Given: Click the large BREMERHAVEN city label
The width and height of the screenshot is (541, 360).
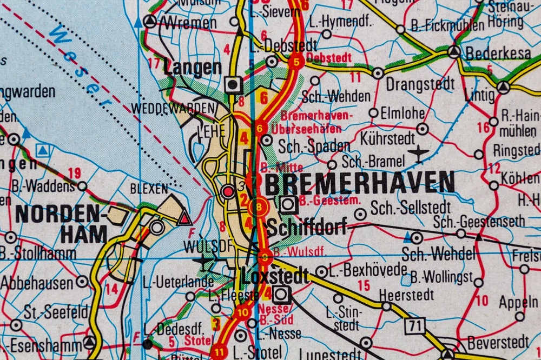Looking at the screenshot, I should tap(360, 183).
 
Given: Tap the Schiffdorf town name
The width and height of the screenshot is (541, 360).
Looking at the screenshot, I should tap(307, 228).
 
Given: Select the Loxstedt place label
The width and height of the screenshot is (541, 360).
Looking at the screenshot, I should tap(275, 276).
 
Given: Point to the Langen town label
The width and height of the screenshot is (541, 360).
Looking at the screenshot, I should tap(193, 68).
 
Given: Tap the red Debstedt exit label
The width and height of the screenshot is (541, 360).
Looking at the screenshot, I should tap(328, 57).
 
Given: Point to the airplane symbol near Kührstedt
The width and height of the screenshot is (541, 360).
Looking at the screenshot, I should tap(419, 154).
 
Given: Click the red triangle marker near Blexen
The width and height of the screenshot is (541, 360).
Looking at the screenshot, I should tap(186, 218).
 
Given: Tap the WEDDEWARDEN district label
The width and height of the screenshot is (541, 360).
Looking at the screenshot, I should tap(173, 108).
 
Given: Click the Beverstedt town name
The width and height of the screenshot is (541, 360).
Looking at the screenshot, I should tap(498, 342).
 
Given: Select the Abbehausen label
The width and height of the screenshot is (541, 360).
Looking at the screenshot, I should tap(36, 282).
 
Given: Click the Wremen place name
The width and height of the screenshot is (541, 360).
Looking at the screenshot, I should tap(189, 23).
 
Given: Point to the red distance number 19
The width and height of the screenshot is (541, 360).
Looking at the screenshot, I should tap(74, 174).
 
